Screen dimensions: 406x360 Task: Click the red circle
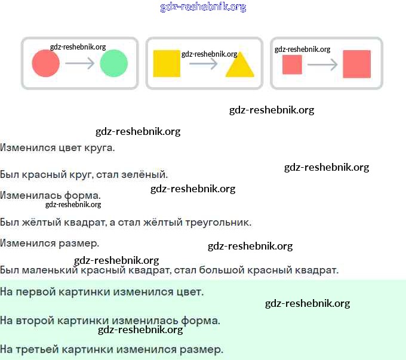point(46,63)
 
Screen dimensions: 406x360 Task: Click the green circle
point(114,63)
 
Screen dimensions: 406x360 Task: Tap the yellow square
point(167,63)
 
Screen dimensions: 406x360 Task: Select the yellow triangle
point(240,64)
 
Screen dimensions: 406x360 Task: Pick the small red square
point(292,64)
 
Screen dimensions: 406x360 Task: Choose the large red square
point(357,64)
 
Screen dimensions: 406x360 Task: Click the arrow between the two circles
point(80,63)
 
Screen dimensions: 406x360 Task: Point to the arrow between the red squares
point(322,64)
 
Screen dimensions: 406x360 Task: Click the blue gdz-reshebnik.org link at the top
point(203,7)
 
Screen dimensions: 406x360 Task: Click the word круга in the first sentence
point(100,148)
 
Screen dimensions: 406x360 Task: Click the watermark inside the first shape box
point(78,47)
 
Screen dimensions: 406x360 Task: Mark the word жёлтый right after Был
point(41,222)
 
